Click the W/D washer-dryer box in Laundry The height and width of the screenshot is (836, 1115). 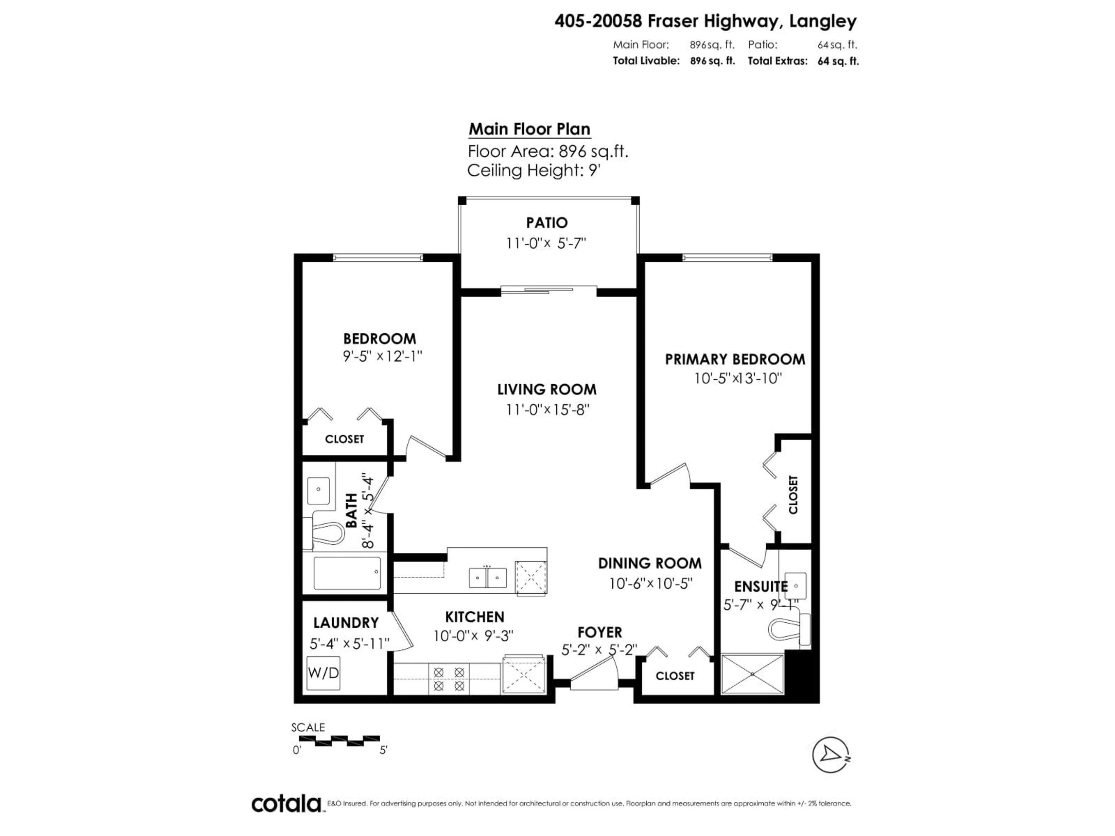click(x=323, y=673)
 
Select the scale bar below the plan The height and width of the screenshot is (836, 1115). click(x=346, y=740)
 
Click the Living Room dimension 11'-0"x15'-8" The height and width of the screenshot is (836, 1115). click(x=547, y=410)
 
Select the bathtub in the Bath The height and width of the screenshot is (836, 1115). click(x=347, y=573)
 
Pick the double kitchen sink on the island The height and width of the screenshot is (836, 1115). click(x=488, y=577)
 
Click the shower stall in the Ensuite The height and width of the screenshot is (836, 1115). click(x=752, y=674)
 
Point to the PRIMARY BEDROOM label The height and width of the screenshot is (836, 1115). click(x=734, y=359)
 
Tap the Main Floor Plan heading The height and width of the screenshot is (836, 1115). click(x=529, y=129)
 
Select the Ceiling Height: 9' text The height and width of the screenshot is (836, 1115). click(x=534, y=170)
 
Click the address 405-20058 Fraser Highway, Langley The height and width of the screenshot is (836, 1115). click(x=705, y=21)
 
